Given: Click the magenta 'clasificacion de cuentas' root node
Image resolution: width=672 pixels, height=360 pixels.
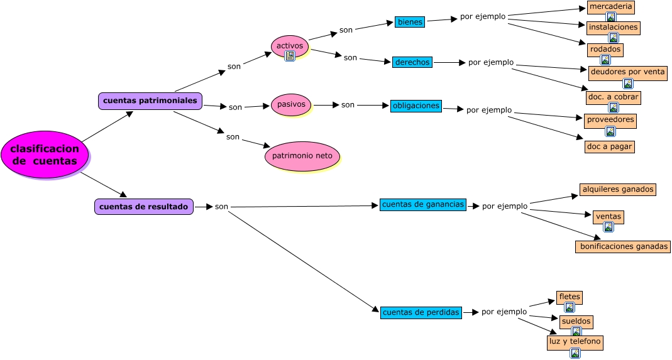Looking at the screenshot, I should point(45,155).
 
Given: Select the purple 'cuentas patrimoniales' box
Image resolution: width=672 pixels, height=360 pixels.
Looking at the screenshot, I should point(150,101).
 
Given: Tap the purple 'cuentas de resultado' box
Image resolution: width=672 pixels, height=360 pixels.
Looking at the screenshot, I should point(144,207).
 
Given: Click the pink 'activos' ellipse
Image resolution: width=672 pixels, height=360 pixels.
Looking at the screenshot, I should point(290,45).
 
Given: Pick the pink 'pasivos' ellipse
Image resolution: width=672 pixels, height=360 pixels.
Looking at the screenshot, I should point(291,104).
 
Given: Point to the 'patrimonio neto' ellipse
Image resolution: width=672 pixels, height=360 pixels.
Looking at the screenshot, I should point(302,156).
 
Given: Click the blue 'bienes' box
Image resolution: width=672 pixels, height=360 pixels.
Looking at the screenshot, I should point(410,22).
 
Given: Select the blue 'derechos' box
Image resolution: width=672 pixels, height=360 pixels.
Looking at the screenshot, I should point(412,62).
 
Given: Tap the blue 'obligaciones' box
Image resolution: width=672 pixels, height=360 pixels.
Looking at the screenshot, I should point(416,106).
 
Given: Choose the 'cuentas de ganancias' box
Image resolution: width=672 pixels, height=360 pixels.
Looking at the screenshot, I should point(422,204).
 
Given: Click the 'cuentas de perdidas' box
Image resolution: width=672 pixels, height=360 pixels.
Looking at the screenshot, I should point(421,312).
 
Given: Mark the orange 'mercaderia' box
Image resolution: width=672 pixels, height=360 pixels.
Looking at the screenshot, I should point(610,7).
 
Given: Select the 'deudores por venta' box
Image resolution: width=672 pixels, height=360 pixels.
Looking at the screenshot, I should point(627,72).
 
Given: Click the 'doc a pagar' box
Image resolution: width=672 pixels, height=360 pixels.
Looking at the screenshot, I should point(609,146).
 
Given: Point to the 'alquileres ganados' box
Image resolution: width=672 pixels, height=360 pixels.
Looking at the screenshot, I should point(618,189).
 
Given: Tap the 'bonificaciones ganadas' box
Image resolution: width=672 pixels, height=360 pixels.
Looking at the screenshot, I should point(622,246).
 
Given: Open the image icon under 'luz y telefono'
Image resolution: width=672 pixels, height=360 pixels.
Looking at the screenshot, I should point(575,353).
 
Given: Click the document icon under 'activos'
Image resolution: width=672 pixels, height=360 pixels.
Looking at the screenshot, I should point(290,56).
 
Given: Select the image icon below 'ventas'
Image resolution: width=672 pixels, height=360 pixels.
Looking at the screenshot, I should point(608,227).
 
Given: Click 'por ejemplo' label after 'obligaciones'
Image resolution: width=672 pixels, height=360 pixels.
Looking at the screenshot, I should point(489,110).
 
